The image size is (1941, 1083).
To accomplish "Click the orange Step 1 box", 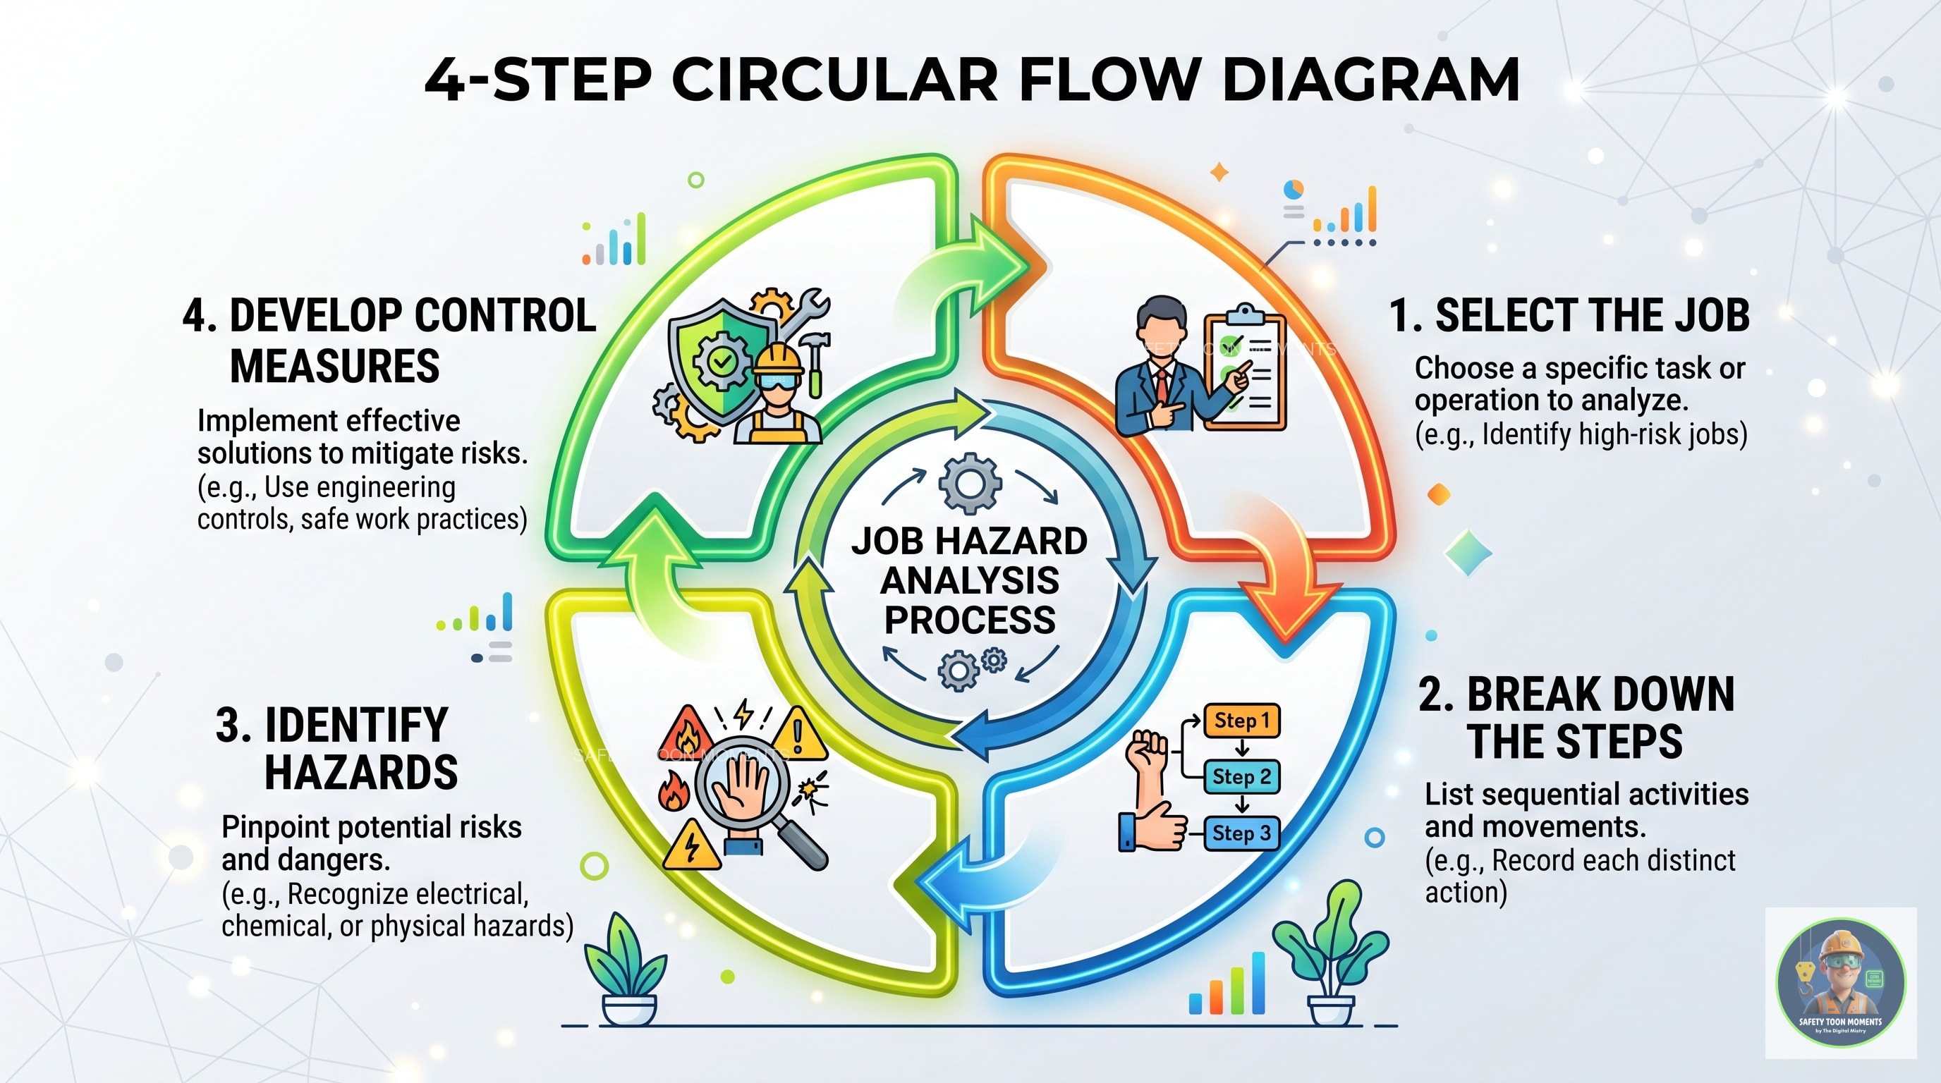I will [x=1242, y=721].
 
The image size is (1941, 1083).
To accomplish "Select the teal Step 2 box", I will [x=1242, y=776].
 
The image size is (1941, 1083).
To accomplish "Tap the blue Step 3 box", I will [x=1242, y=833].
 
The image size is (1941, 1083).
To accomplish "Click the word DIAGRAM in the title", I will [x=1370, y=79].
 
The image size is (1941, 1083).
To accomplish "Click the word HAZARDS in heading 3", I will [x=361, y=773].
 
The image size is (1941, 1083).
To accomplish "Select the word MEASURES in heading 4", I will [x=334, y=367].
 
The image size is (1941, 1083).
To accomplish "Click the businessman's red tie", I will [x=1162, y=384].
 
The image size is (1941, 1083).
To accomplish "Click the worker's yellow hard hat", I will [x=779, y=357].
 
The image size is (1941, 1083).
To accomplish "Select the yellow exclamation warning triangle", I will [x=798, y=734].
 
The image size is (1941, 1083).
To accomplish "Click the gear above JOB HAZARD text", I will [x=970, y=484].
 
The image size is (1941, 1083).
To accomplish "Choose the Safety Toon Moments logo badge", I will [x=1840, y=982].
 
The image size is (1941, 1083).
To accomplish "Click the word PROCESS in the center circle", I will [x=970, y=620].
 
